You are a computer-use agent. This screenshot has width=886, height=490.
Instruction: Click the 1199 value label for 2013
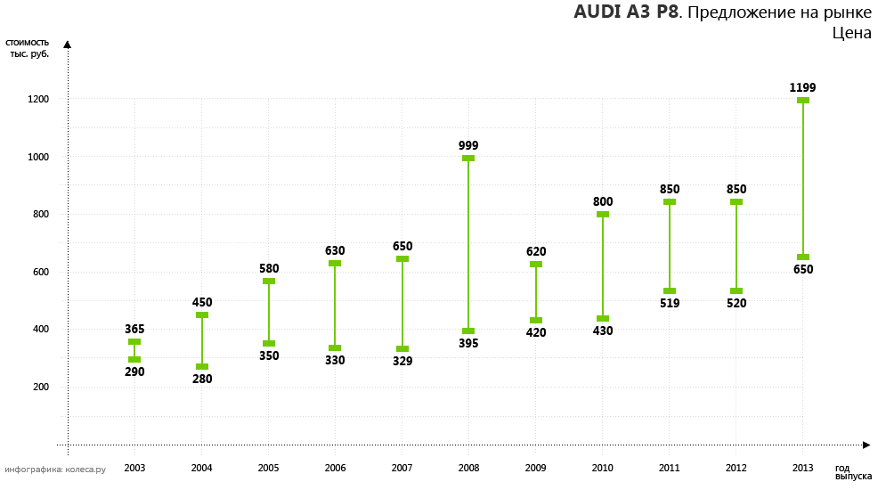802,87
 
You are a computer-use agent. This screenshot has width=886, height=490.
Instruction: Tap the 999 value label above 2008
468,145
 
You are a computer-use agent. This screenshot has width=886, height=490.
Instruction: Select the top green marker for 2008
468,159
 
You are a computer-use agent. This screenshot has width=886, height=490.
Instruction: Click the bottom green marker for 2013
803,257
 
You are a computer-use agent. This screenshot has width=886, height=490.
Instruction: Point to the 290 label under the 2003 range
134,372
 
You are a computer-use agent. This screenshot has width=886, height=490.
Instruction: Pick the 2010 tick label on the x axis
603,468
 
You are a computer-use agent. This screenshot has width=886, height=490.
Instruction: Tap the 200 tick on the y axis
39,387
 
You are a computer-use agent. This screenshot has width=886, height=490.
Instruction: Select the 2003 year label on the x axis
134,468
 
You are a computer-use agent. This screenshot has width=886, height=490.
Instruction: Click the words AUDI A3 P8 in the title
626,12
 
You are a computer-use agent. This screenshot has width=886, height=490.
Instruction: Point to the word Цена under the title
851,33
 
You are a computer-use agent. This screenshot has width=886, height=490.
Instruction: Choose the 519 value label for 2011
670,303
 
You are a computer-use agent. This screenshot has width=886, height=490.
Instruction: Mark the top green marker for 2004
202,314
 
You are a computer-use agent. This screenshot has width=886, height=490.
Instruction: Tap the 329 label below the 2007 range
402,361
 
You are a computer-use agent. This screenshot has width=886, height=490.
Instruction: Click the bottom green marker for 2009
536,321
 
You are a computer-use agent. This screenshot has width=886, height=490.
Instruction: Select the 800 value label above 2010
603,201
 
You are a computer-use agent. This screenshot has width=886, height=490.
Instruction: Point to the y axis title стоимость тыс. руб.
28,47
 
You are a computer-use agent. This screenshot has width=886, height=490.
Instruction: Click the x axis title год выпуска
852,472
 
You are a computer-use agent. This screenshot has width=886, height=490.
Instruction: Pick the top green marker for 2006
335,263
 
